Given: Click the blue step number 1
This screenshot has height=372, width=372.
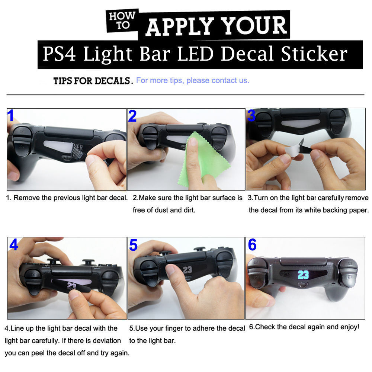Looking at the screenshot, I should click(x=11, y=116).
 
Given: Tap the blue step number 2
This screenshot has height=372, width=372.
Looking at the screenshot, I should click(x=132, y=116).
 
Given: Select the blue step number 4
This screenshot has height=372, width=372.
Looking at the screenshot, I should click(x=13, y=245).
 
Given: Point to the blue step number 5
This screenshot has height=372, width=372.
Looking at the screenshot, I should click(x=133, y=245).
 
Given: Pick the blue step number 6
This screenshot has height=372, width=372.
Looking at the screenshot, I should click(x=252, y=245).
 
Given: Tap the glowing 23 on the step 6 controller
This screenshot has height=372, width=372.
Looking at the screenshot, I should click(x=303, y=275).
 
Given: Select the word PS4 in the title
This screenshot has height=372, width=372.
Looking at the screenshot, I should click(x=59, y=54).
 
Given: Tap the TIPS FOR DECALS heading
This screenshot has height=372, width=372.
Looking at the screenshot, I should click(x=93, y=81).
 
